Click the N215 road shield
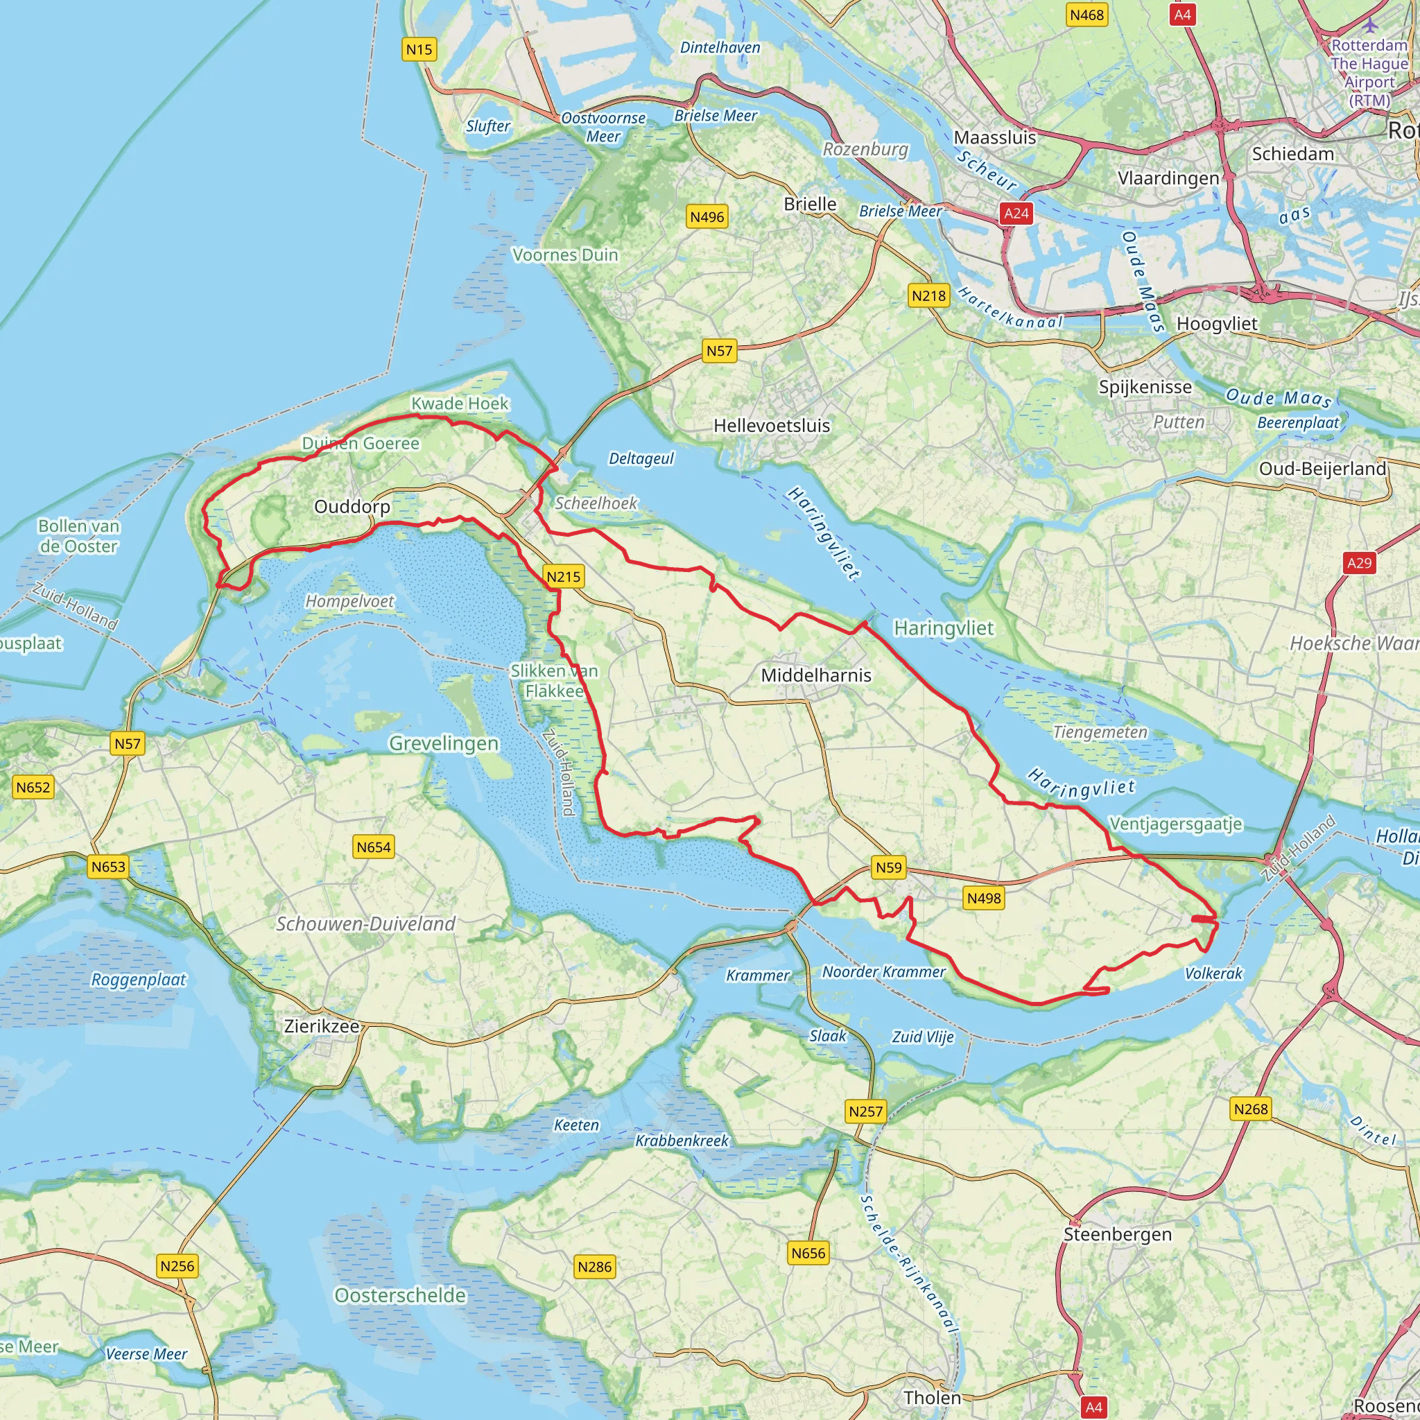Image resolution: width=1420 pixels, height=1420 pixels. tap(564, 577)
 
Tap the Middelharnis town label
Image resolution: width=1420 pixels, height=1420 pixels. tap(816, 675)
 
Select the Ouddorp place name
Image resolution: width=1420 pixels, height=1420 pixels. tap(352, 506)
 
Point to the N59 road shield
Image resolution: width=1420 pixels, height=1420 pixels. tap(889, 867)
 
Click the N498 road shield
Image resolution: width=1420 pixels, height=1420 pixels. tap(983, 897)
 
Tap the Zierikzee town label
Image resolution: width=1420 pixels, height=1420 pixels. tap(322, 1026)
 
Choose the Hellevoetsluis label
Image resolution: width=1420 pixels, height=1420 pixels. tap(772, 426)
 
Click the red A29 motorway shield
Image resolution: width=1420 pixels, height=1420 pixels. tap(1359, 563)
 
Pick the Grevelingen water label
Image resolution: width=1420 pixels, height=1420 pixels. tap(443, 743)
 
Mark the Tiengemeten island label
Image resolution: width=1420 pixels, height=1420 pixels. tap(1100, 732)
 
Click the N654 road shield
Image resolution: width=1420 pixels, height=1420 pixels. tap(374, 847)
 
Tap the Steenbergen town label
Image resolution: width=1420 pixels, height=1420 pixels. tap(1117, 1235)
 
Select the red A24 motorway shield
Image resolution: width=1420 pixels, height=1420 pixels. tap(1016, 213)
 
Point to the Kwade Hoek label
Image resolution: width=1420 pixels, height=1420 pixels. tap(460, 404)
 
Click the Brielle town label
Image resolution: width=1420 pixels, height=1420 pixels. tap(810, 205)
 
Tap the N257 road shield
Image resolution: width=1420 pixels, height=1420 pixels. tap(866, 1111)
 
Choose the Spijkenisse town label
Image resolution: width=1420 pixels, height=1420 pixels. tap(1145, 387)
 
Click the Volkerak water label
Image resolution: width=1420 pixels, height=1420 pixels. tap(1213, 973)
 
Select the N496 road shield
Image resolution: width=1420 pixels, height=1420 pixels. tap(707, 217)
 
